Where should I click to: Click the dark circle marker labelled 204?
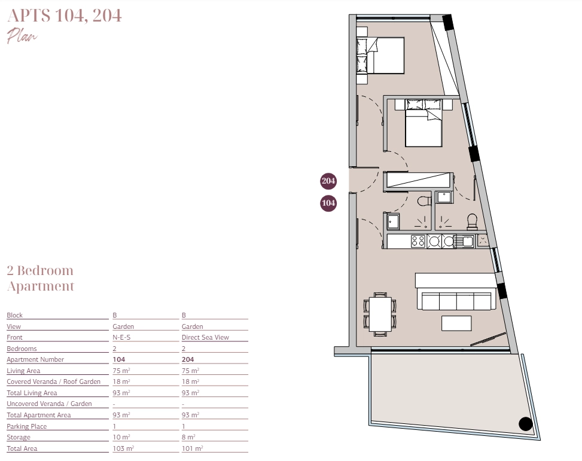(x=328, y=181)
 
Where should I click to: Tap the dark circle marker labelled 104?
(x=328, y=203)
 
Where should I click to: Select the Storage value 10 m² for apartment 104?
(x=121, y=437)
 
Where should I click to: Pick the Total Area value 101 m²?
(x=192, y=448)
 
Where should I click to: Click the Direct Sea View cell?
(x=205, y=337)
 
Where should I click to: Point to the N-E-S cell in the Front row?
(x=121, y=337)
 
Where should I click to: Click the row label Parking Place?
(x=27, y=426)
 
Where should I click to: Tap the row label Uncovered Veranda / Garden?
(x=49, y=404)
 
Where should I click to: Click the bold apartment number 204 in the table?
(x=188, y=359)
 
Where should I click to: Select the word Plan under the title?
(x=22, y=36)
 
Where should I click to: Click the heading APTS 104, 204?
(x=64, y=16)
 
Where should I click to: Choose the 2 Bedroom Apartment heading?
(x=41, y=279)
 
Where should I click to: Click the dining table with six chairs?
(x=380, y=314)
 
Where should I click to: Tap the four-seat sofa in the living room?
(x=456, y=301)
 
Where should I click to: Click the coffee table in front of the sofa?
(x=456, y=323)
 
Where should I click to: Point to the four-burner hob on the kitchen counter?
(x=418, y=242)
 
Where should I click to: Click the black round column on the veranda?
(x=526, y=424)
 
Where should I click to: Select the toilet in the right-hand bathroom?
(x=472, y=221)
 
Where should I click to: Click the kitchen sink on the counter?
(x=465, y=242)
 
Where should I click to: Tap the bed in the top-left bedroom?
(x=380, y=55)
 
